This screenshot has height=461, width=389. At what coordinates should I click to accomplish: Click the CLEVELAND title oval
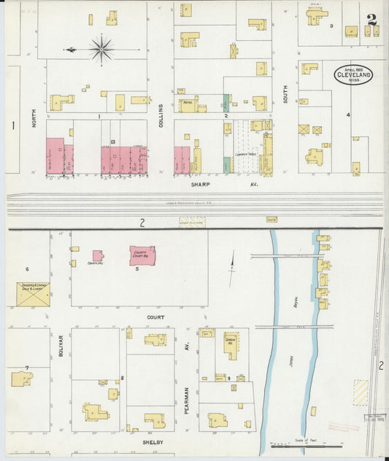pyautogui.click(x=354, y=74)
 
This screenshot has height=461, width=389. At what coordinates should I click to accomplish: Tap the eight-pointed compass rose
pyautogui.click(x=101, y=50)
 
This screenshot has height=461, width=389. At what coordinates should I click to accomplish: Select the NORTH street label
pyautogui.click(x=34, y=119)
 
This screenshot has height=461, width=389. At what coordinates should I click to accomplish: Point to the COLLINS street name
pyautogui.click(x=161, y=116)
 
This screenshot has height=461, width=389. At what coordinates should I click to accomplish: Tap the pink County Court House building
pyautogui.click(x=142, y=255)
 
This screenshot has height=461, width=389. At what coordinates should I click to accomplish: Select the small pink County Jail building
pyautogui.click(x=97, y=256)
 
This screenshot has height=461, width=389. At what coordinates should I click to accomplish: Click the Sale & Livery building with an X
pyautogui.click(x=33, y=294)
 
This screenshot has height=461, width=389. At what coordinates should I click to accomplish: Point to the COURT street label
pyautogui.click(x=154, y=318)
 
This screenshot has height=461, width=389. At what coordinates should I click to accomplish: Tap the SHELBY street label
pyautogui.click(x=152, y=442)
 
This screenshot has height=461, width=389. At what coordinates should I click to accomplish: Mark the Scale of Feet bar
pyautogui.click(x=307, y=444)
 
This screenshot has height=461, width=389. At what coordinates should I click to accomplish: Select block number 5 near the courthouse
pyautogui.click(x=136, y=269)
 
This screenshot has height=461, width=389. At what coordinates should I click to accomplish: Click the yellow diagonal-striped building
pyautogui.click(x=361, y=392)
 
